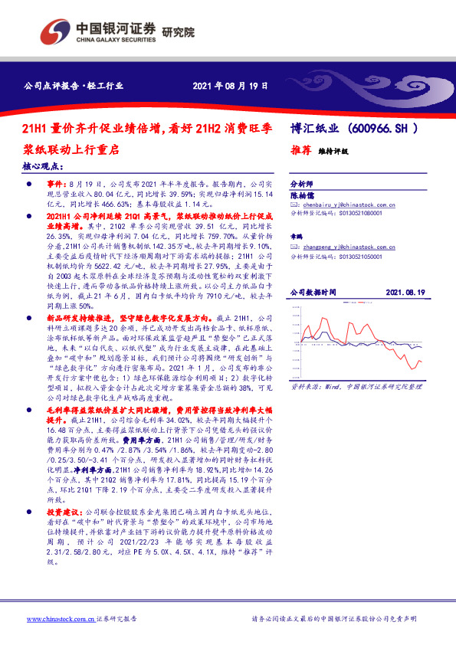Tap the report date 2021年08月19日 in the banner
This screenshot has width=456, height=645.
[x=229, y=87]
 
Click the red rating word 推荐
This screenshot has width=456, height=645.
[x=300, y=151]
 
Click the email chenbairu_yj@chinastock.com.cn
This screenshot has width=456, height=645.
[x=345, y=206]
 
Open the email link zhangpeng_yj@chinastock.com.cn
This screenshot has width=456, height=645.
[x=345, y=247]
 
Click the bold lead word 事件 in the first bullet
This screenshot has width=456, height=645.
[x=57, y=185]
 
